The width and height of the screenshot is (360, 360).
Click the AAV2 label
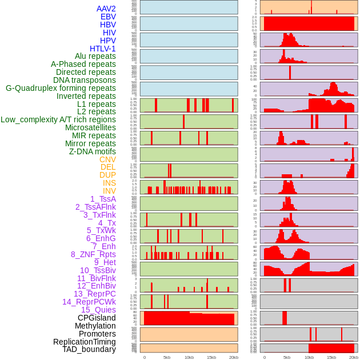[x=106, y=9]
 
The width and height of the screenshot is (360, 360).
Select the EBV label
[x=108, y=17]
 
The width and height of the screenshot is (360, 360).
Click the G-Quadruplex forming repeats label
[x=61, y=88]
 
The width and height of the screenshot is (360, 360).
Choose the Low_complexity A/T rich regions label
[x=58, y=119]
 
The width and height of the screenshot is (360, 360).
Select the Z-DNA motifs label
[x=93, y=151]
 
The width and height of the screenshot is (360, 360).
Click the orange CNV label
[x=107, y=159]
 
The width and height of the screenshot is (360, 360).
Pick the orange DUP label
[x=107, y=175]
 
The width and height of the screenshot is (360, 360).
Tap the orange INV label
[x=109, y=191]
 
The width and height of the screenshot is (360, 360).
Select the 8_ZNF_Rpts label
[x=93, y=254]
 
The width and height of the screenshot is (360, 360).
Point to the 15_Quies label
[x=98, y=310]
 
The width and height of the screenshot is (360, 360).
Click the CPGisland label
[x=97, y=318]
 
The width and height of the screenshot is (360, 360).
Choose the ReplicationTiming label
[x=85, y=342]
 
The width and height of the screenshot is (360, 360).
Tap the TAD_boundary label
[x=89, y=349]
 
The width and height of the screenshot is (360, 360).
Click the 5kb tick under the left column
[x=167, y=357]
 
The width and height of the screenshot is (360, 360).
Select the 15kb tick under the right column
[x=331, y=357]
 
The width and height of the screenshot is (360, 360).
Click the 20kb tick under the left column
[x=234, y=357]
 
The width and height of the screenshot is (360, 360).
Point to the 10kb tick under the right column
[x=309, y=357]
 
